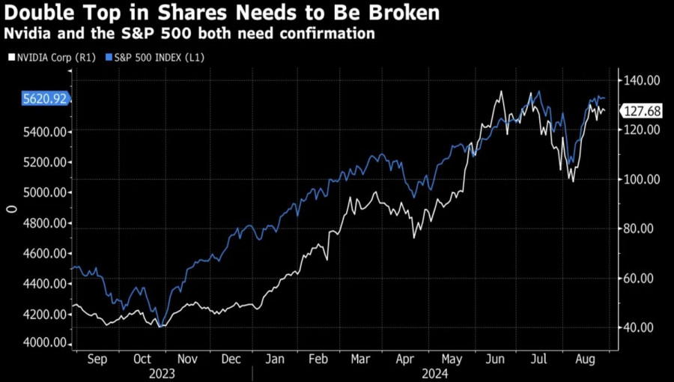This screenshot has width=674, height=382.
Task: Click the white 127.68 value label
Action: tap(642, 111)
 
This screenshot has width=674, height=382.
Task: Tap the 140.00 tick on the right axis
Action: tap(641, 80)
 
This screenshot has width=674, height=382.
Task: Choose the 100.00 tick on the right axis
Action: tap(641, 179)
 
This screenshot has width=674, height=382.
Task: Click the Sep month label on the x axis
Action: tap(97, 359)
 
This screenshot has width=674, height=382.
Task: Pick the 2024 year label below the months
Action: tap(434, 372)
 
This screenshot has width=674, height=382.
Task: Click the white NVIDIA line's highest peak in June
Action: tap(500, 91)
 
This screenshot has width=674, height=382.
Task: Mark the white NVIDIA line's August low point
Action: tap(573, 181)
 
